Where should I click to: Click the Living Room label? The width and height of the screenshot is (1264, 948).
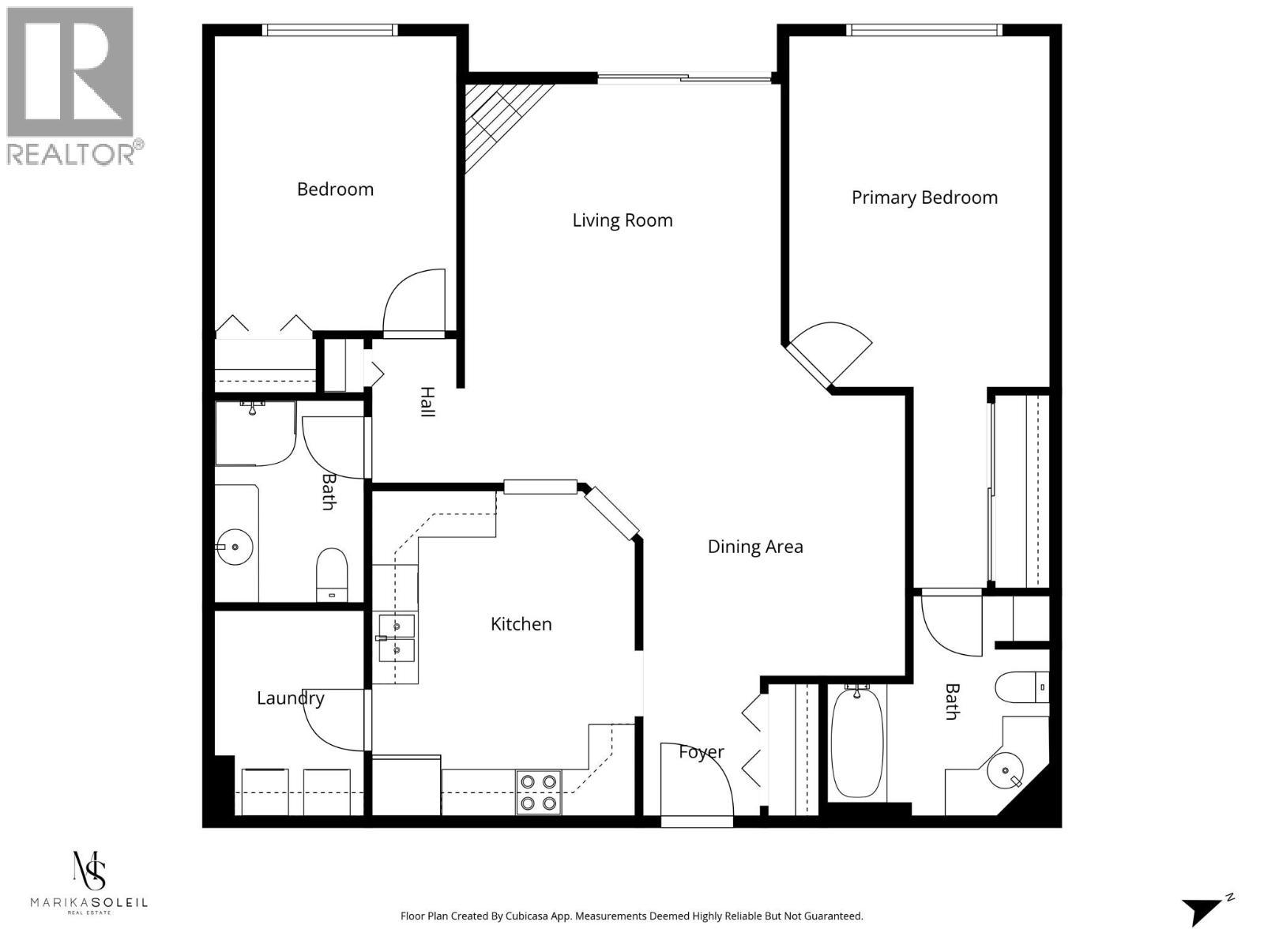(x=623, y=220)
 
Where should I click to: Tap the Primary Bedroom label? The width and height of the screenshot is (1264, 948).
(x=924, y=197)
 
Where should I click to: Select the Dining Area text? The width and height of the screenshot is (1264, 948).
(x=755, y=547)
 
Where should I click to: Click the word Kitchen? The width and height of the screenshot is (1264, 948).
(x=521, y=624)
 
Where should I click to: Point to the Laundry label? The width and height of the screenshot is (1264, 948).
(x=291, y=698)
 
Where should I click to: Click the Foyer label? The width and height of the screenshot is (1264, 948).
(x=702, y=752)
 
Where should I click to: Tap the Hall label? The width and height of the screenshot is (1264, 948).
(x=427, y=402)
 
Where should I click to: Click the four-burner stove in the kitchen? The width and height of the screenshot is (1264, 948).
(x=539, y=792)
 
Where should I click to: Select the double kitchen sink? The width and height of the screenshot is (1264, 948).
(x=396, y=638)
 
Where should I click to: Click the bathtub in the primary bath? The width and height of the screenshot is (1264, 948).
(x=856, y=743)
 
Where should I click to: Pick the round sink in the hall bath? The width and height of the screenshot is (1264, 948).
(x=234, y=547)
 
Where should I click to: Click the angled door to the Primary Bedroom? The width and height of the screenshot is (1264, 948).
(x=829, y=352)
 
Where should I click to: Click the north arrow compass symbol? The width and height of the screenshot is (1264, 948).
(x=1206, y=909)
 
